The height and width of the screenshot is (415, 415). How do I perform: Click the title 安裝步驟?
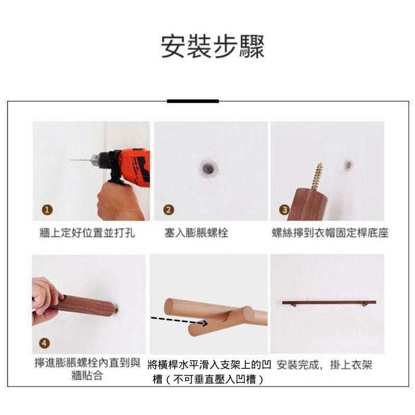point(213,47)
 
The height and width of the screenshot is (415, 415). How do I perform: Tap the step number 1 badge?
point(47,210)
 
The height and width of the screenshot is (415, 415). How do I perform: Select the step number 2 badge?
point(169,210)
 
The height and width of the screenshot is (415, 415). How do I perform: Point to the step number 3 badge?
point(284,210)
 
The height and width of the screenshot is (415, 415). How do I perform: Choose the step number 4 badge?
point(45,343)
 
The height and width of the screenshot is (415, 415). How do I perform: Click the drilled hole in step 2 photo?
point(209,168)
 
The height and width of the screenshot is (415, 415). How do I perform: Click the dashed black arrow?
point(178,320)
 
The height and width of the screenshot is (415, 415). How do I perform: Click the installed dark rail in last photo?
point(329,302)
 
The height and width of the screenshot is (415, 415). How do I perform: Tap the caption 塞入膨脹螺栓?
point(196,233)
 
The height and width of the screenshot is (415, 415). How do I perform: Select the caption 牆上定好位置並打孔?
point(87,233)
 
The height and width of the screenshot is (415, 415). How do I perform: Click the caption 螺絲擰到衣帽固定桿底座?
point(330,233)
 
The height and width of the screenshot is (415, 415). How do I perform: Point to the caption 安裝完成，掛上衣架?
point(325,365)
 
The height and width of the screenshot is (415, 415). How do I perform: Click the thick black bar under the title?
point(192,101)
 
